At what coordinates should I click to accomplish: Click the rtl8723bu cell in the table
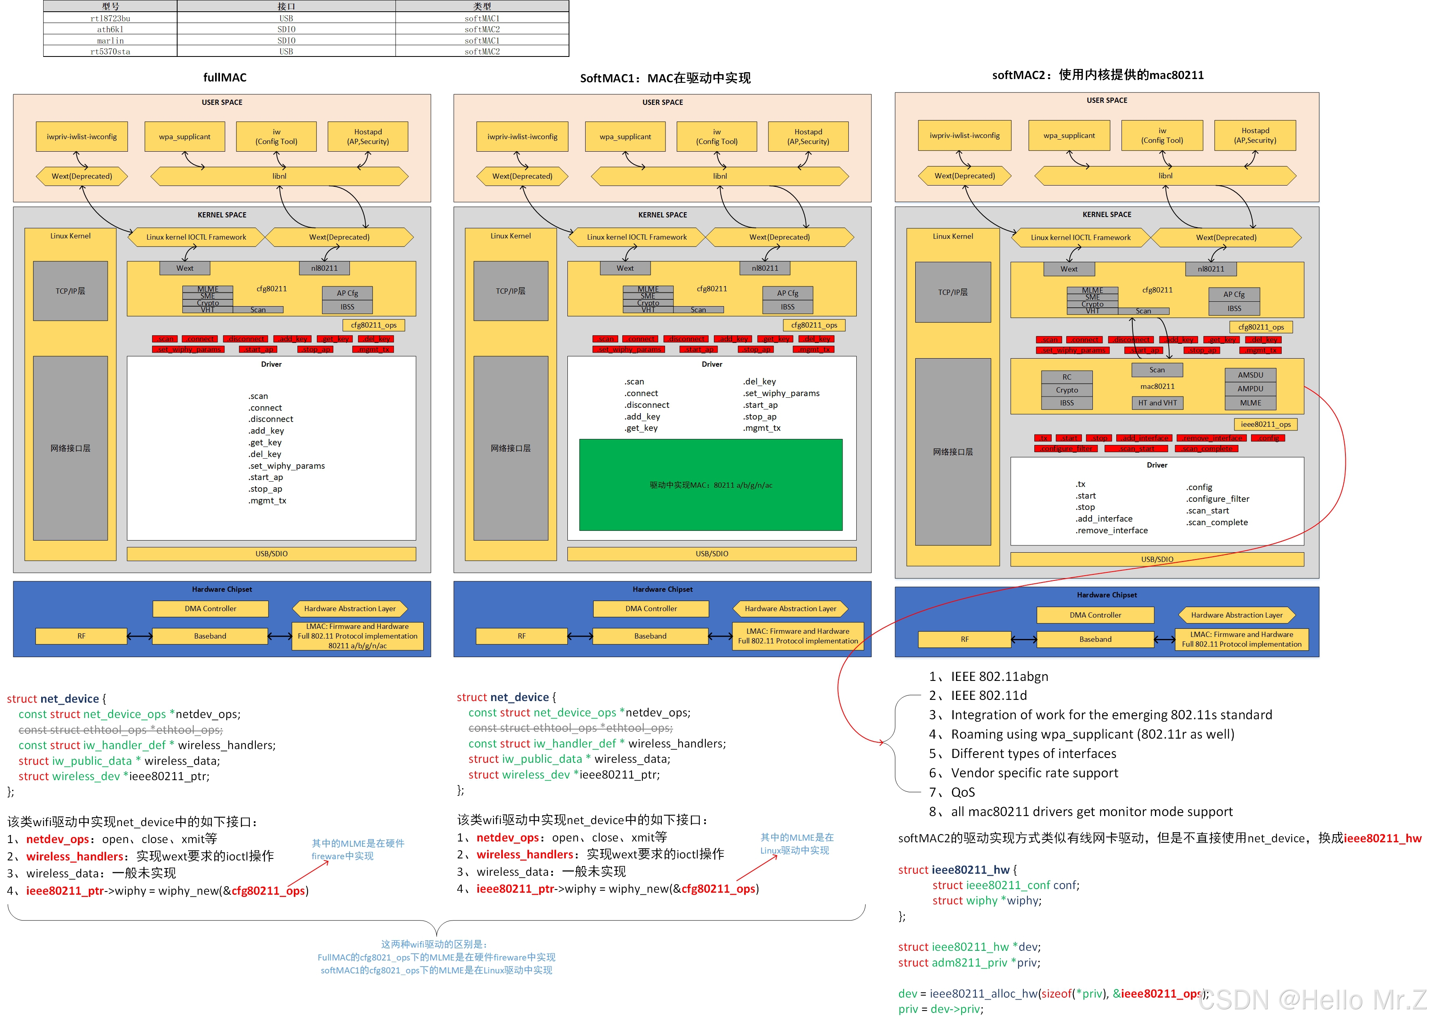click(x=110, y=18)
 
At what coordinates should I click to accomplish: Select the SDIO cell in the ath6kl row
click(x=286, y=29)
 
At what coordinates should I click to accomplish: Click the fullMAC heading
click(x=225, y=77)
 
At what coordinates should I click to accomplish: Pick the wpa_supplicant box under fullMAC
click(x=184, y=137)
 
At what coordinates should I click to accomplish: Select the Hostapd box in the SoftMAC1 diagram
click(x=808, y=137)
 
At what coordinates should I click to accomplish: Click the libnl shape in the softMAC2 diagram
click(x=1165, y=176)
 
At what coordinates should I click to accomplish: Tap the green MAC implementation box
click(x=711, y=485)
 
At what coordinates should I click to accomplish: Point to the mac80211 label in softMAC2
click(x=1157, y=386)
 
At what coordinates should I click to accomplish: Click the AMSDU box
click(x=1250, y=375)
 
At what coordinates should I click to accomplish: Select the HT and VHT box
click(x=1157, y=403)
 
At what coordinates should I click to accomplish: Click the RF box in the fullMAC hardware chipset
click(x=81, y=636)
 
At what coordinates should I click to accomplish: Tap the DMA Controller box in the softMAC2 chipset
click(x=1095, y=615)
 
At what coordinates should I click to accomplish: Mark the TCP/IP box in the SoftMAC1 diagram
click(x=511, y=291)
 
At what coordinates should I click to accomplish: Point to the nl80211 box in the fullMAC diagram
click(x=324, y=268)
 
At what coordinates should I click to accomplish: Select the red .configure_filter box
click(x=1066, y=449)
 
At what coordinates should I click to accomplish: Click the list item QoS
click(x=963, y=792)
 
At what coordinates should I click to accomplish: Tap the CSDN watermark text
click(x=1310, y=1000)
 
